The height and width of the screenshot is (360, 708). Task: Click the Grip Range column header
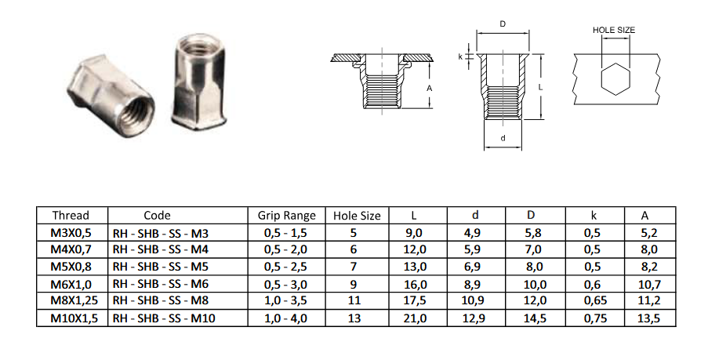[286, 216]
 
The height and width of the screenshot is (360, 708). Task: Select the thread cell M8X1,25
[74, 300]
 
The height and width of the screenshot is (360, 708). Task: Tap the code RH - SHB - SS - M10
[164, 318]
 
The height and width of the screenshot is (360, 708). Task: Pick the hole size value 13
[354, 318]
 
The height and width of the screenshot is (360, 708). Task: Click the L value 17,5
[415, 300]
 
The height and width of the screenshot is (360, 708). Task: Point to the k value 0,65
[595, 300]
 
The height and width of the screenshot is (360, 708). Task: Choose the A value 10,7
[649, 284]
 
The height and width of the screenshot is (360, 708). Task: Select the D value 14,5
[535, 318]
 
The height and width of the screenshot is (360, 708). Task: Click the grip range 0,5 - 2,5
[285, 267]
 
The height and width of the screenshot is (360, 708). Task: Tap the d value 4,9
[472, 233]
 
